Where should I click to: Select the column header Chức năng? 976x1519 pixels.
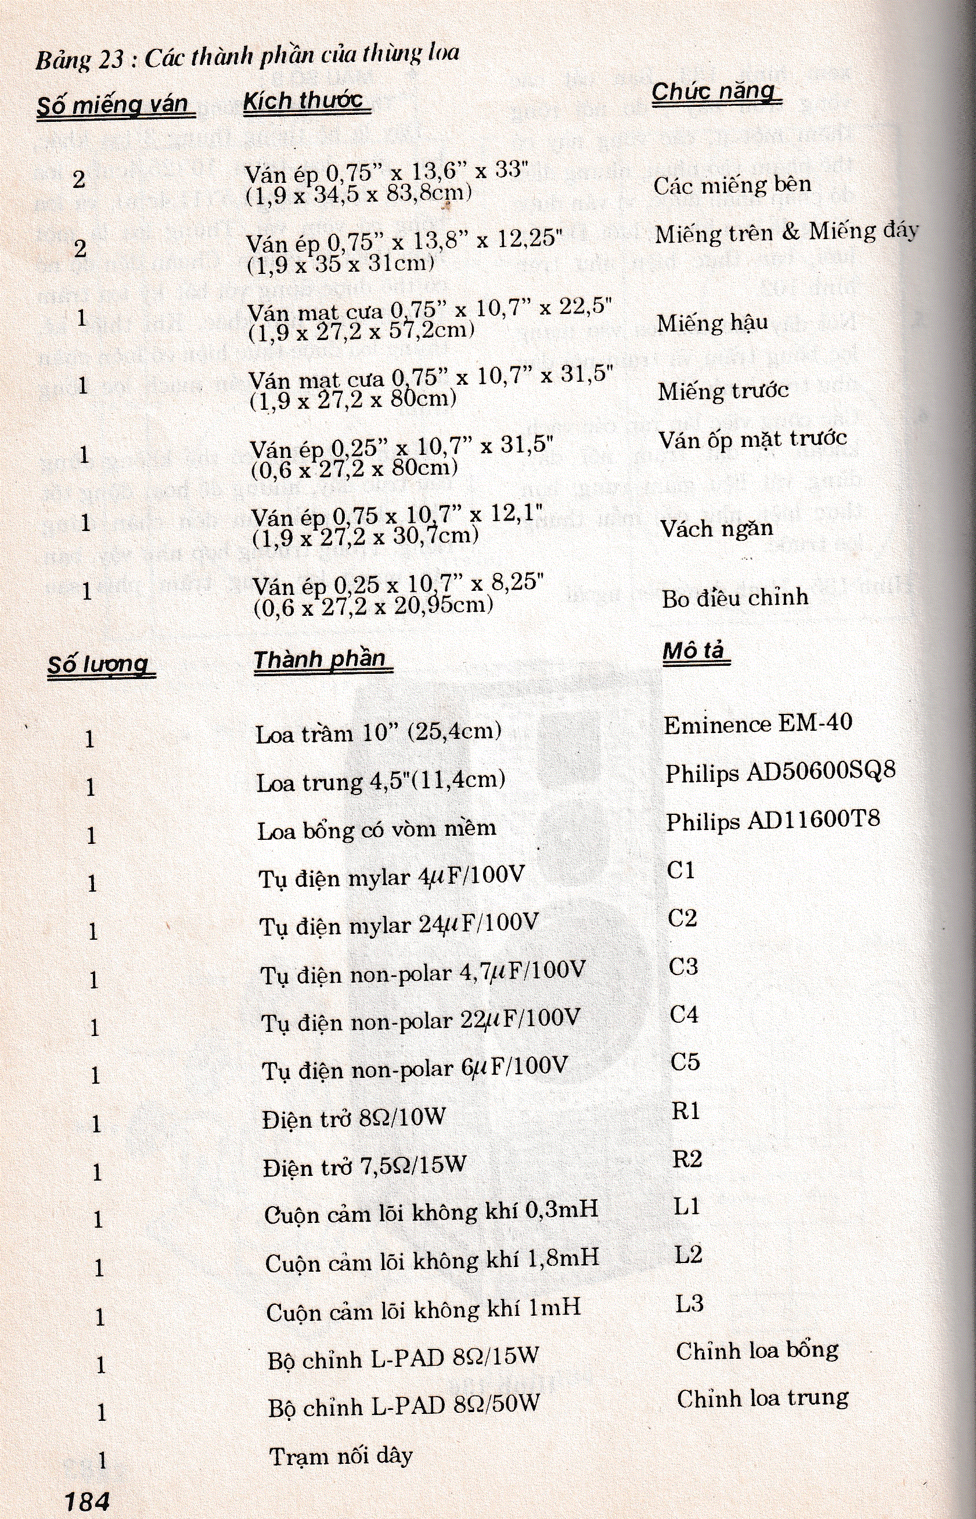pyautogui.click(x=714, y=93)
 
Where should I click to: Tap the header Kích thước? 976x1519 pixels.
pyautogui.click(x=304, y=102)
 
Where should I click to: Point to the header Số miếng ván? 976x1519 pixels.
pyautogui.click(x=114, y=105)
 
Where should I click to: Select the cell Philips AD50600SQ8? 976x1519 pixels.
pyautogui.click(x=780, y=772)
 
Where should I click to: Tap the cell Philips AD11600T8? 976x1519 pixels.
pyautogui.click(x=773, y=820)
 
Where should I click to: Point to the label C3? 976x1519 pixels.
pyautogui.click(x=683, y=966)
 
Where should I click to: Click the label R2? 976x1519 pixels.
pyautogui.click(x=687, y=1159)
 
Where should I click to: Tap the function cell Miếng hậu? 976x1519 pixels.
pyautogui.click(x=712, y=324)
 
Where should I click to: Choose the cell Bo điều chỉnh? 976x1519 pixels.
pyautogui.click(x=735, y=598)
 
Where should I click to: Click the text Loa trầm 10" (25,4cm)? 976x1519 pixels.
pyautogui.click(x=379, y=734)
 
